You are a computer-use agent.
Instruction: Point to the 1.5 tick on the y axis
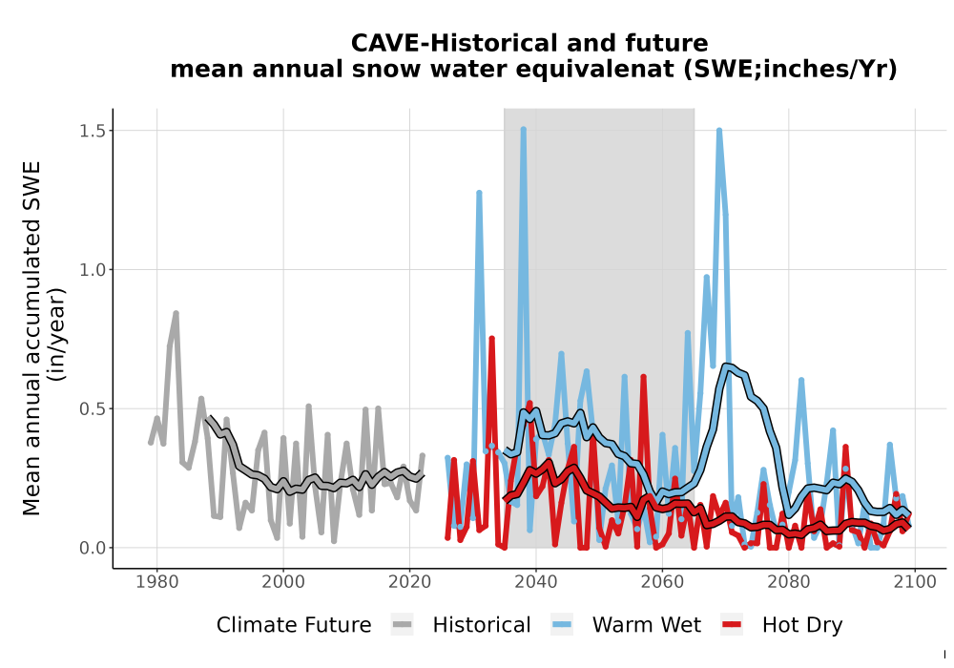(x=92, y=131)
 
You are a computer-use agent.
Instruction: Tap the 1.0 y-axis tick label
(x=92, y=269)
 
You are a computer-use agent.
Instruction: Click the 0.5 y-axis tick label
(x=92, y=408)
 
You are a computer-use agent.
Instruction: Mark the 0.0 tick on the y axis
(x=92, y=548)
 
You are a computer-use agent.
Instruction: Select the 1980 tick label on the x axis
(x=157, y=582)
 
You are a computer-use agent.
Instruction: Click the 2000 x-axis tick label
(x=283, y=582)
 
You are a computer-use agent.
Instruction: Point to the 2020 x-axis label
(x=409, y=582)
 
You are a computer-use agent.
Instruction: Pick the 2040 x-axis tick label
(x=536, y=582)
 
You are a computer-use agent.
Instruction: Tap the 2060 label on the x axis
(x=662, y=582)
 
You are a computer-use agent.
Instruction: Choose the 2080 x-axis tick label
(x=789, y=582)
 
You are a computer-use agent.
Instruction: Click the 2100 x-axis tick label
(x=915, y=582)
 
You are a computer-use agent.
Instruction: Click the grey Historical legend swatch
(x=403, y=625)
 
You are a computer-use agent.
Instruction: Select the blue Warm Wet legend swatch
(x=562, y=625)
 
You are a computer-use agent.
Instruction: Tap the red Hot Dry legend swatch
(x=732, y=625)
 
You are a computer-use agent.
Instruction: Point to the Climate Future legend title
(x=294, y=625)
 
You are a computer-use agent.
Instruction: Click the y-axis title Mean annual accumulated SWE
(x=31, y=338)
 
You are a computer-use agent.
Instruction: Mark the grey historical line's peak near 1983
(x=176, y=313)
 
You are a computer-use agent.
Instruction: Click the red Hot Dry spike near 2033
(x=491, y=338)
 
